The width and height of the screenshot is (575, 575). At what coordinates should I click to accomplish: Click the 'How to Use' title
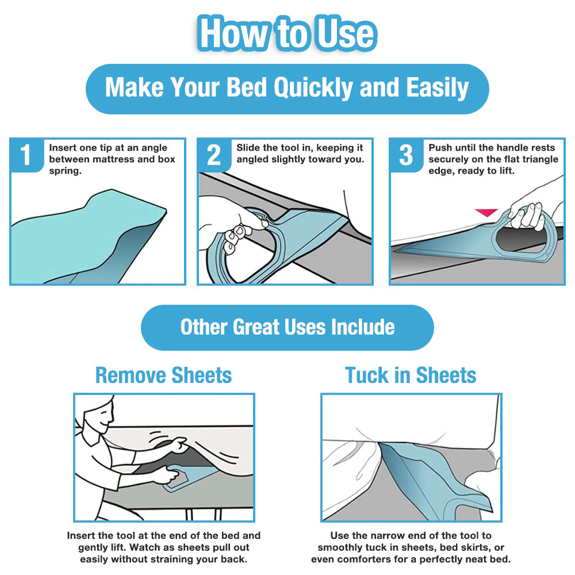[x=287, y=33]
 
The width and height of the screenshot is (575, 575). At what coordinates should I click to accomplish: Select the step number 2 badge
[x=214, y=155]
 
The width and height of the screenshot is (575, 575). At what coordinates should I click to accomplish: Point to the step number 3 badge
[x=406, y=155]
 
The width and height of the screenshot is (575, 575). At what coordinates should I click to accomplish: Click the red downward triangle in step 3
[x=486, y=213]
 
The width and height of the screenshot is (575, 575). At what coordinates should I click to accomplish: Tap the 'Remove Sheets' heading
[x=163, y=375]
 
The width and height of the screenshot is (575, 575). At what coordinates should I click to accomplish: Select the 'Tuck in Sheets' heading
[x=411, y=375]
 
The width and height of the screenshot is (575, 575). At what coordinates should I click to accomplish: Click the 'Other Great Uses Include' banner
[x=287, y=327]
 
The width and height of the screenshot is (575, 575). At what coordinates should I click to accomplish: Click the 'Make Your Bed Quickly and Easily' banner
[x=287, y=88]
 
